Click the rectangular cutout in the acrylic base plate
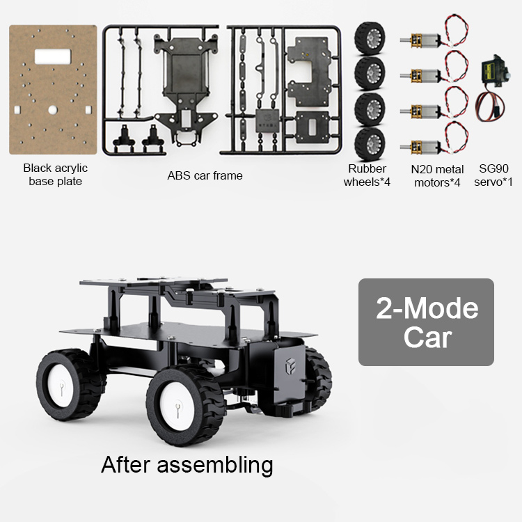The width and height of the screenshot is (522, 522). coord(53,56)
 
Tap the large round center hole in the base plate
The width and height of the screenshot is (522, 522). coord(53,110)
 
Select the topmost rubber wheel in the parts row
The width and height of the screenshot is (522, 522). coord(370,38)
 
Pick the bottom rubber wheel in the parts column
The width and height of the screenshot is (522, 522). coord(370,144)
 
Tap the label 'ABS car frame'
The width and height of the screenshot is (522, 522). coord(205,175)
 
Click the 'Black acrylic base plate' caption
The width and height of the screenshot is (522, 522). coord(55,175)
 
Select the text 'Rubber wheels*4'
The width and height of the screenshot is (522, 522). coord(367,175)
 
